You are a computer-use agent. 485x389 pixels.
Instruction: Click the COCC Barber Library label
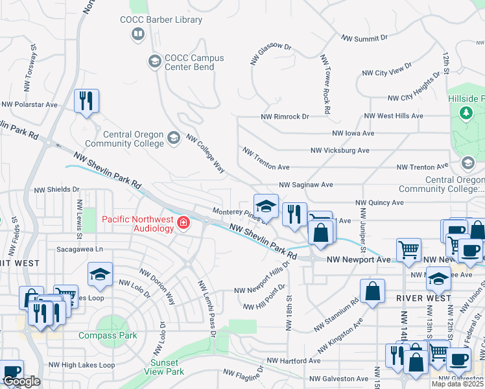pyautogui.click(x=161, y=19)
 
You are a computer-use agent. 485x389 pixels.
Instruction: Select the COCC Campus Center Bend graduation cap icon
pyautogui.click(x=154, y=62)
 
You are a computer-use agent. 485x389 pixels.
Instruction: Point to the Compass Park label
pyautogui.click(x=108, y=335)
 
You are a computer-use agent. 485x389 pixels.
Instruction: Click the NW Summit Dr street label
pyautogui.click(x=366, y=39)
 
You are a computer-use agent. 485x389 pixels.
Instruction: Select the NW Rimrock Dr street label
pyautogui.click(x=285, y=117)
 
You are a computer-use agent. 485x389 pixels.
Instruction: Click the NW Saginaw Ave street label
pyautogui.click(x=306, y=185)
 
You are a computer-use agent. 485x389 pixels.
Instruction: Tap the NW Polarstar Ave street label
pyautogui.click(x=30, y=104)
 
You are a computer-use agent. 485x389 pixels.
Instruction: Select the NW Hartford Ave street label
pyautogui.click(x=294, y=360)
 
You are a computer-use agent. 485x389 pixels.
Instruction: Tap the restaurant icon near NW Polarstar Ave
pyautogui.click(x=86, y=100)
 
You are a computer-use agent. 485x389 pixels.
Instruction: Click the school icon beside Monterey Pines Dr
pyautogui.click(x=265, y=206)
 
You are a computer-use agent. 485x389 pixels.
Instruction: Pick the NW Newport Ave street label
pyautogui.click(x=359, y=259)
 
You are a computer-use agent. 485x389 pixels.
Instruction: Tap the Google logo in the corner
pyautogui.click(x=21, y=382)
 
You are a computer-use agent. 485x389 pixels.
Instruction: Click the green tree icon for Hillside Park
pyautogui.click(x=465, y=113)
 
